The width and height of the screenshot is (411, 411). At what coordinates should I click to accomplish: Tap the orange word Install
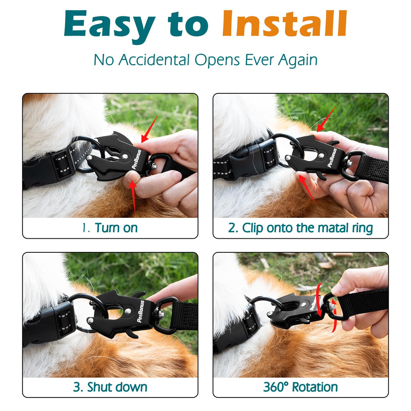pyautogui.click(x=284, y=23)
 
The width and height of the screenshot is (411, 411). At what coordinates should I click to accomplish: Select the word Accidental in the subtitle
pyautogui.click(x=154, y=60)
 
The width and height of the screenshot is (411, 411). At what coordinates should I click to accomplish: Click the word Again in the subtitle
pyautogui.click(x=298, y=60)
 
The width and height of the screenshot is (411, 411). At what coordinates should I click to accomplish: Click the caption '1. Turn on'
pyautogui.click(x=110, y=228)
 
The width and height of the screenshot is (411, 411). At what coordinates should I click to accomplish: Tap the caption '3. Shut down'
pyautogui.click(x=110, y=387)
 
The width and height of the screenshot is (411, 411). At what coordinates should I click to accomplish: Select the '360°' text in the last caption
pyautogui.click(x=276, y=387)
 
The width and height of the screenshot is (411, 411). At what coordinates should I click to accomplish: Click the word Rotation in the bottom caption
pyautogui.click(x=315, y=387)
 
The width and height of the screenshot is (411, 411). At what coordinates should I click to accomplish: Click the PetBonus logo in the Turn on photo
pyautogui.click(x=136, y=159)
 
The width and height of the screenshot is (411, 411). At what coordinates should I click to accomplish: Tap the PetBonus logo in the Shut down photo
pyautogui.click(x=141, y=312)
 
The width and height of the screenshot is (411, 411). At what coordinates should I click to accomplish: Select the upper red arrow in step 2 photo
pyautogui.click(x=326, y=118)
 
